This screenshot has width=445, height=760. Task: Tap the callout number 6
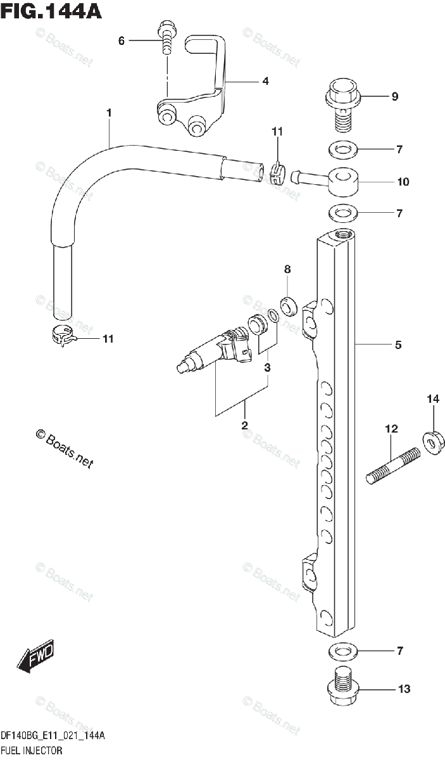(x=122, y=41)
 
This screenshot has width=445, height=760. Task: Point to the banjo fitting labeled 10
(x=344, y=180)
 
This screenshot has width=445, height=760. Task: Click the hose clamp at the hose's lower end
(x=64, y=336)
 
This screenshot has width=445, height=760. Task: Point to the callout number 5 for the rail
(x=398, y=345)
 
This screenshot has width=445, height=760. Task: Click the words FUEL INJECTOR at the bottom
(x=31, y=751)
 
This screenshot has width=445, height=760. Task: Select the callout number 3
(x=267, y=367)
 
